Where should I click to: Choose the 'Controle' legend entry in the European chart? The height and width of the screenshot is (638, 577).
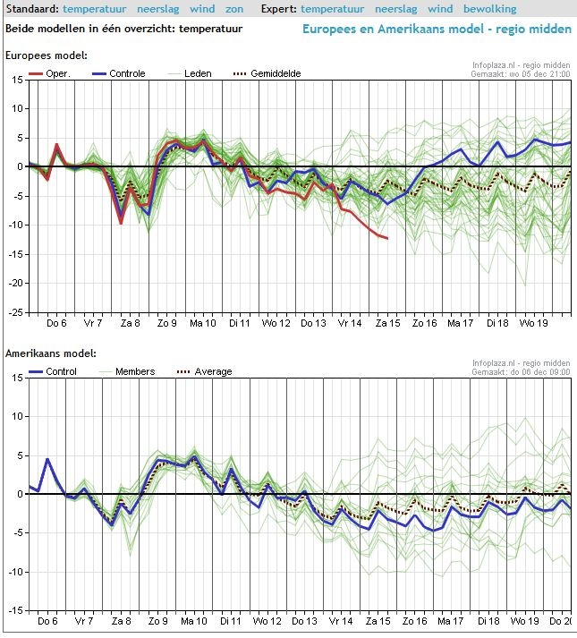pyautogui.click(x=127, y=73)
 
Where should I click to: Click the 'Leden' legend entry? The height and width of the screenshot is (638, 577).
pyautogui.click(x=198, y=73)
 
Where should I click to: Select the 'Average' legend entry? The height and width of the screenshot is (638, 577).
pyautogui.click(x=212, y=371)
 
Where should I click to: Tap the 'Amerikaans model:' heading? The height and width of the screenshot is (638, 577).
pyautogui.click(x=51, y=354)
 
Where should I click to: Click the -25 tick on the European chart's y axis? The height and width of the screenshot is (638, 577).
pyautogui.click(x=14, y=312)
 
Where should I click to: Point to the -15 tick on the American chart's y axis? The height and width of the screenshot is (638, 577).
pyautogui.click(x=14, y=609)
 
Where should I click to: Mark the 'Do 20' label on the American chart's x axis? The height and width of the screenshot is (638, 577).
pyautogui.click(x=560, y=621)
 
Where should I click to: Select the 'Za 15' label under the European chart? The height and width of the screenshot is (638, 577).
pyautogui.click(x=387, y=323)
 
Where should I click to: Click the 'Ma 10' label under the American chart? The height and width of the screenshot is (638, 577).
pyautogui.click(x=194, y=621)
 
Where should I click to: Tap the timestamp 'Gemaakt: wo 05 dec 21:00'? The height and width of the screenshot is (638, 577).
pyautogui.click(x=520, y=75)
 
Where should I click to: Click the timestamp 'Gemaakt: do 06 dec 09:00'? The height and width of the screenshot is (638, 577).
pyautogui.click(x=520, y=372)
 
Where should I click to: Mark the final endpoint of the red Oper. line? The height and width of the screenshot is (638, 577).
pyautogui.click(x=387, y=238)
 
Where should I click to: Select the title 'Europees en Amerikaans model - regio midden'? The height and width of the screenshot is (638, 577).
pyautogui.click(x=437, y=29)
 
